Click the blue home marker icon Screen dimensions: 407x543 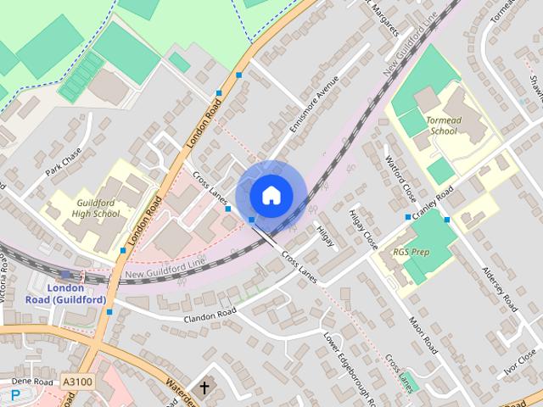[x=270, y=195]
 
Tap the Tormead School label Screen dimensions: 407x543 [x=442, y=125]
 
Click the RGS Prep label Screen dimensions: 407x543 [x=411, y=253]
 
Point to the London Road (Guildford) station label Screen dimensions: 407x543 [x=64, y=293]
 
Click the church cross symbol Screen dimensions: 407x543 [x=204, y=387]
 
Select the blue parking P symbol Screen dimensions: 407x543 [x=14, y=395]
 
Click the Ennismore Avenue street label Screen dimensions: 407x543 [x=313, y=103]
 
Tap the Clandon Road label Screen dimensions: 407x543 [x=209, y=315]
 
